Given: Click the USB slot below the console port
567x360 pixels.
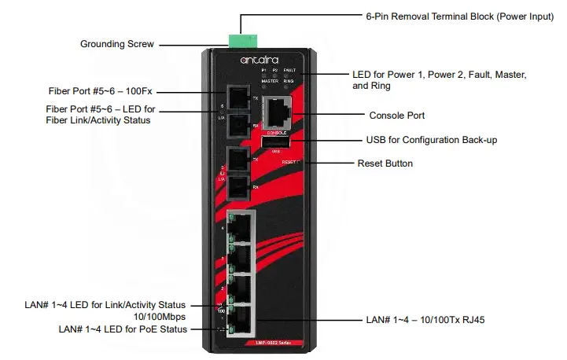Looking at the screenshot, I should (276, 141).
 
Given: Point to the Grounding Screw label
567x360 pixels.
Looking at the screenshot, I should (117, 44).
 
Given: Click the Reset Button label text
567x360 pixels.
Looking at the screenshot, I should (385, 163).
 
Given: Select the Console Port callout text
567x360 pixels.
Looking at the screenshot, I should (396, 116).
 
